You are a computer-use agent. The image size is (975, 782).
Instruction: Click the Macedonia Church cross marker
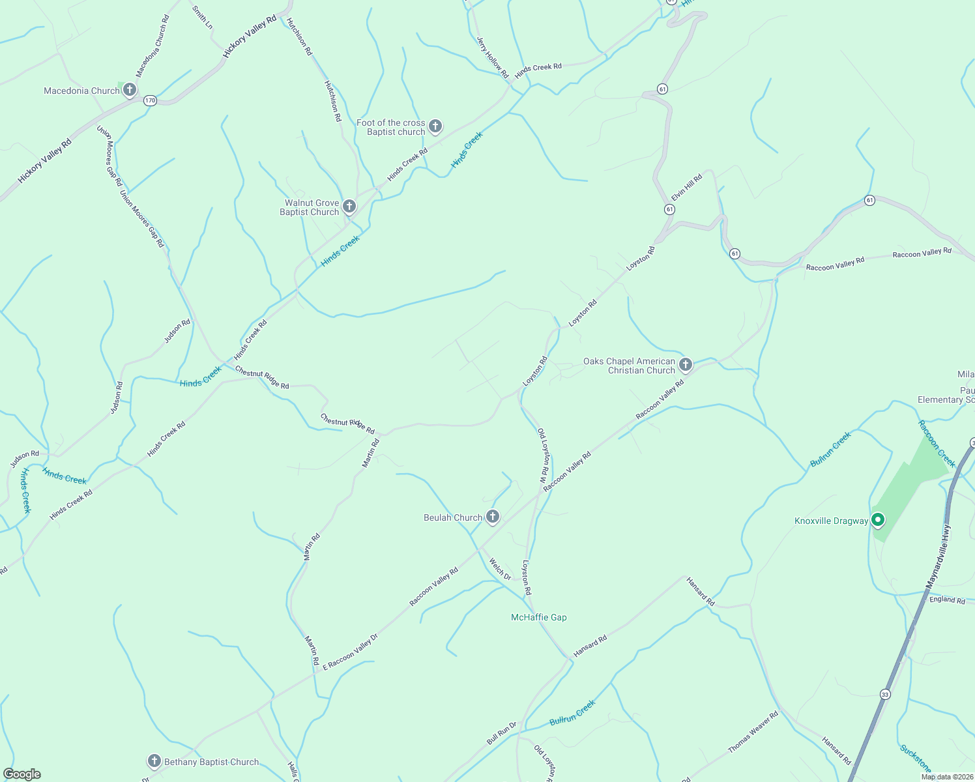pos(130,89)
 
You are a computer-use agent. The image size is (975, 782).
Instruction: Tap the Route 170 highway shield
pos(151,100)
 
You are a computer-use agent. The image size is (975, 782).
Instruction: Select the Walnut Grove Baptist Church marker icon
pos(349,207)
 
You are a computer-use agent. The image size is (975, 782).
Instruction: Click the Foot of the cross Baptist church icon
pos(435,126)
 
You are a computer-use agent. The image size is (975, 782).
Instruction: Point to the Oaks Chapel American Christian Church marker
pos(685,364)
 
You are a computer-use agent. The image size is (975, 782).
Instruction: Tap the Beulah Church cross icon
pos(493,517)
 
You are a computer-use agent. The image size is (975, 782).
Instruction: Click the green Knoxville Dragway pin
pos(878,519)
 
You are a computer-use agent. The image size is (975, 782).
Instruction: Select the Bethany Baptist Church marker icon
pos(154,760)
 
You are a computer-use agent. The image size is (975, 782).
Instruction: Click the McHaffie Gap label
pos(538,617)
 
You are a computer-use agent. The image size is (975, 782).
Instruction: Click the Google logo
pos(22,774)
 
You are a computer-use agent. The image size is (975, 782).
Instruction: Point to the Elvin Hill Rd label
pos(687,187)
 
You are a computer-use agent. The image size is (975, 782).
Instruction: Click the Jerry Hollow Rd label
pos(492,57)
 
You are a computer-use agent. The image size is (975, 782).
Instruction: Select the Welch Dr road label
pos(501,569)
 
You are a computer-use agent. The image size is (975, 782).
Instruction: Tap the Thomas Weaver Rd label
pos(753,732)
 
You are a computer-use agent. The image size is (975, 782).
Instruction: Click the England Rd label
pos(947,600)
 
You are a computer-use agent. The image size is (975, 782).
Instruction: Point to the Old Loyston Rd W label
pos(544,454)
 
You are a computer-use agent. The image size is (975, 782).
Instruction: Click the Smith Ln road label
pos(202,17)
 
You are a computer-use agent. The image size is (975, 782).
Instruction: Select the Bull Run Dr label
pos(501,733)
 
